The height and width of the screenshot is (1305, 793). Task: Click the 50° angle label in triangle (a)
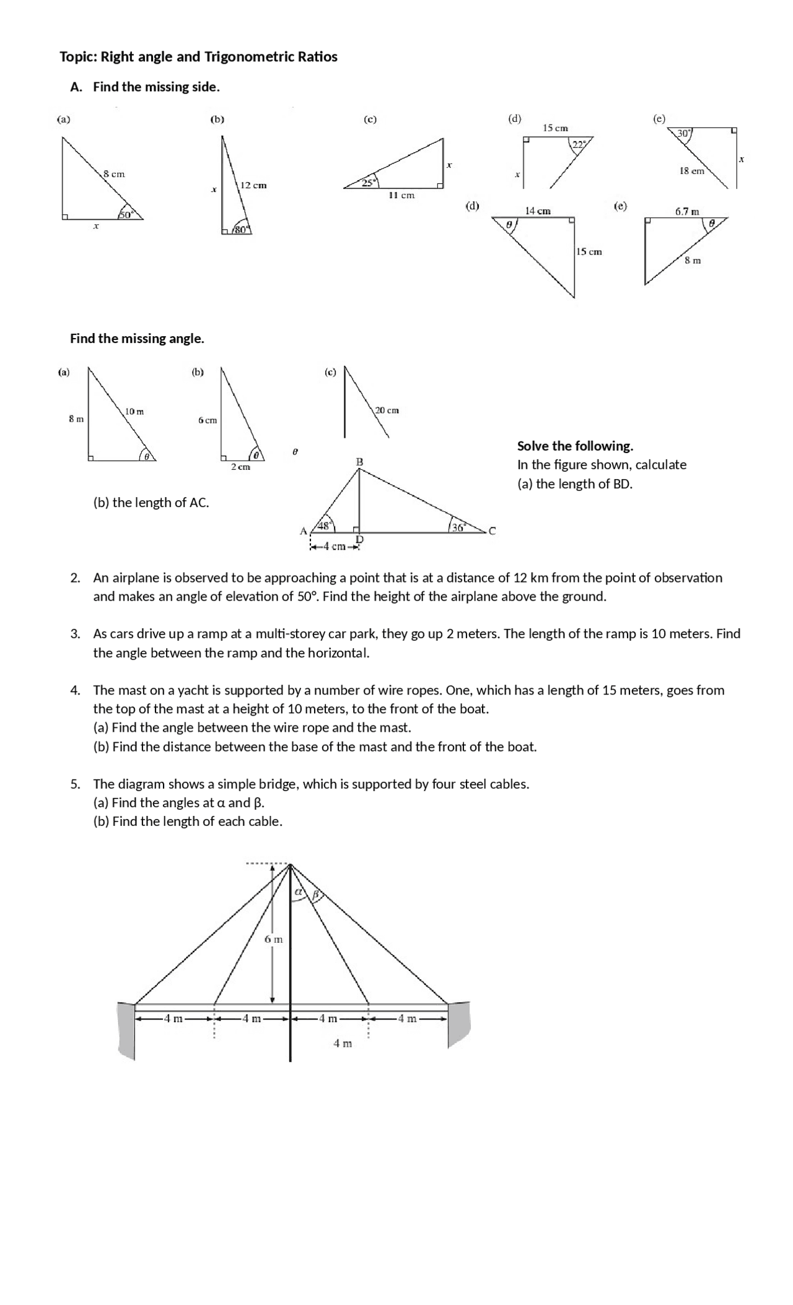pyautogui.click(x=126, y=215)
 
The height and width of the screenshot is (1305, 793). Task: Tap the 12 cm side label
pyautogui.click(x=253, y=185)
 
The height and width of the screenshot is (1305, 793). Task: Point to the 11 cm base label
pyautogui.click(x=401, y=195)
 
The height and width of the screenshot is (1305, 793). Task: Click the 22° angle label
pyautogui.click(x=579, y=144)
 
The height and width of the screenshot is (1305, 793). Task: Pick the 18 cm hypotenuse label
pyautogui.click(x=692, y=171)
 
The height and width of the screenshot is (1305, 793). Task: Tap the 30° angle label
pyautogui.click(x=684, y=133)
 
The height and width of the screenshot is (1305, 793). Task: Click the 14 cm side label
pyautogui.click(x=538, y=211)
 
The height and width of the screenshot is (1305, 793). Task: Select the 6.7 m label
pyautogui.click(x=687, y=212)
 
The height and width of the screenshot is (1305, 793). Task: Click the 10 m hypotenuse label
pyautogui.click(x=134, y=412)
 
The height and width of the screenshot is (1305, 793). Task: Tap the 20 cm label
pyautogui.click(x=387, y=410)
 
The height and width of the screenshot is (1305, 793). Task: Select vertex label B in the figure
pyautogui.click(x=359, y=462)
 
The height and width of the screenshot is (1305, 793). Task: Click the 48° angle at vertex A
pyautogui.click(x=324, y=526)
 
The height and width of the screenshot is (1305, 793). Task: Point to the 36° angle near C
pyautogui.click(x=458, y=527)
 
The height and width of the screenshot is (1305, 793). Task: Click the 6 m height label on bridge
pyautogui.click(x=273, y=939)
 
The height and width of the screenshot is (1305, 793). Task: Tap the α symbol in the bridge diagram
pyautogui.click(x=298, y=892)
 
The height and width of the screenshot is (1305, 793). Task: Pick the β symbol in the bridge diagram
pyautogui.click(x=315, y=895)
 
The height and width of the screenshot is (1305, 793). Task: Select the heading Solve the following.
pyautogui.click(x=575, y=446)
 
